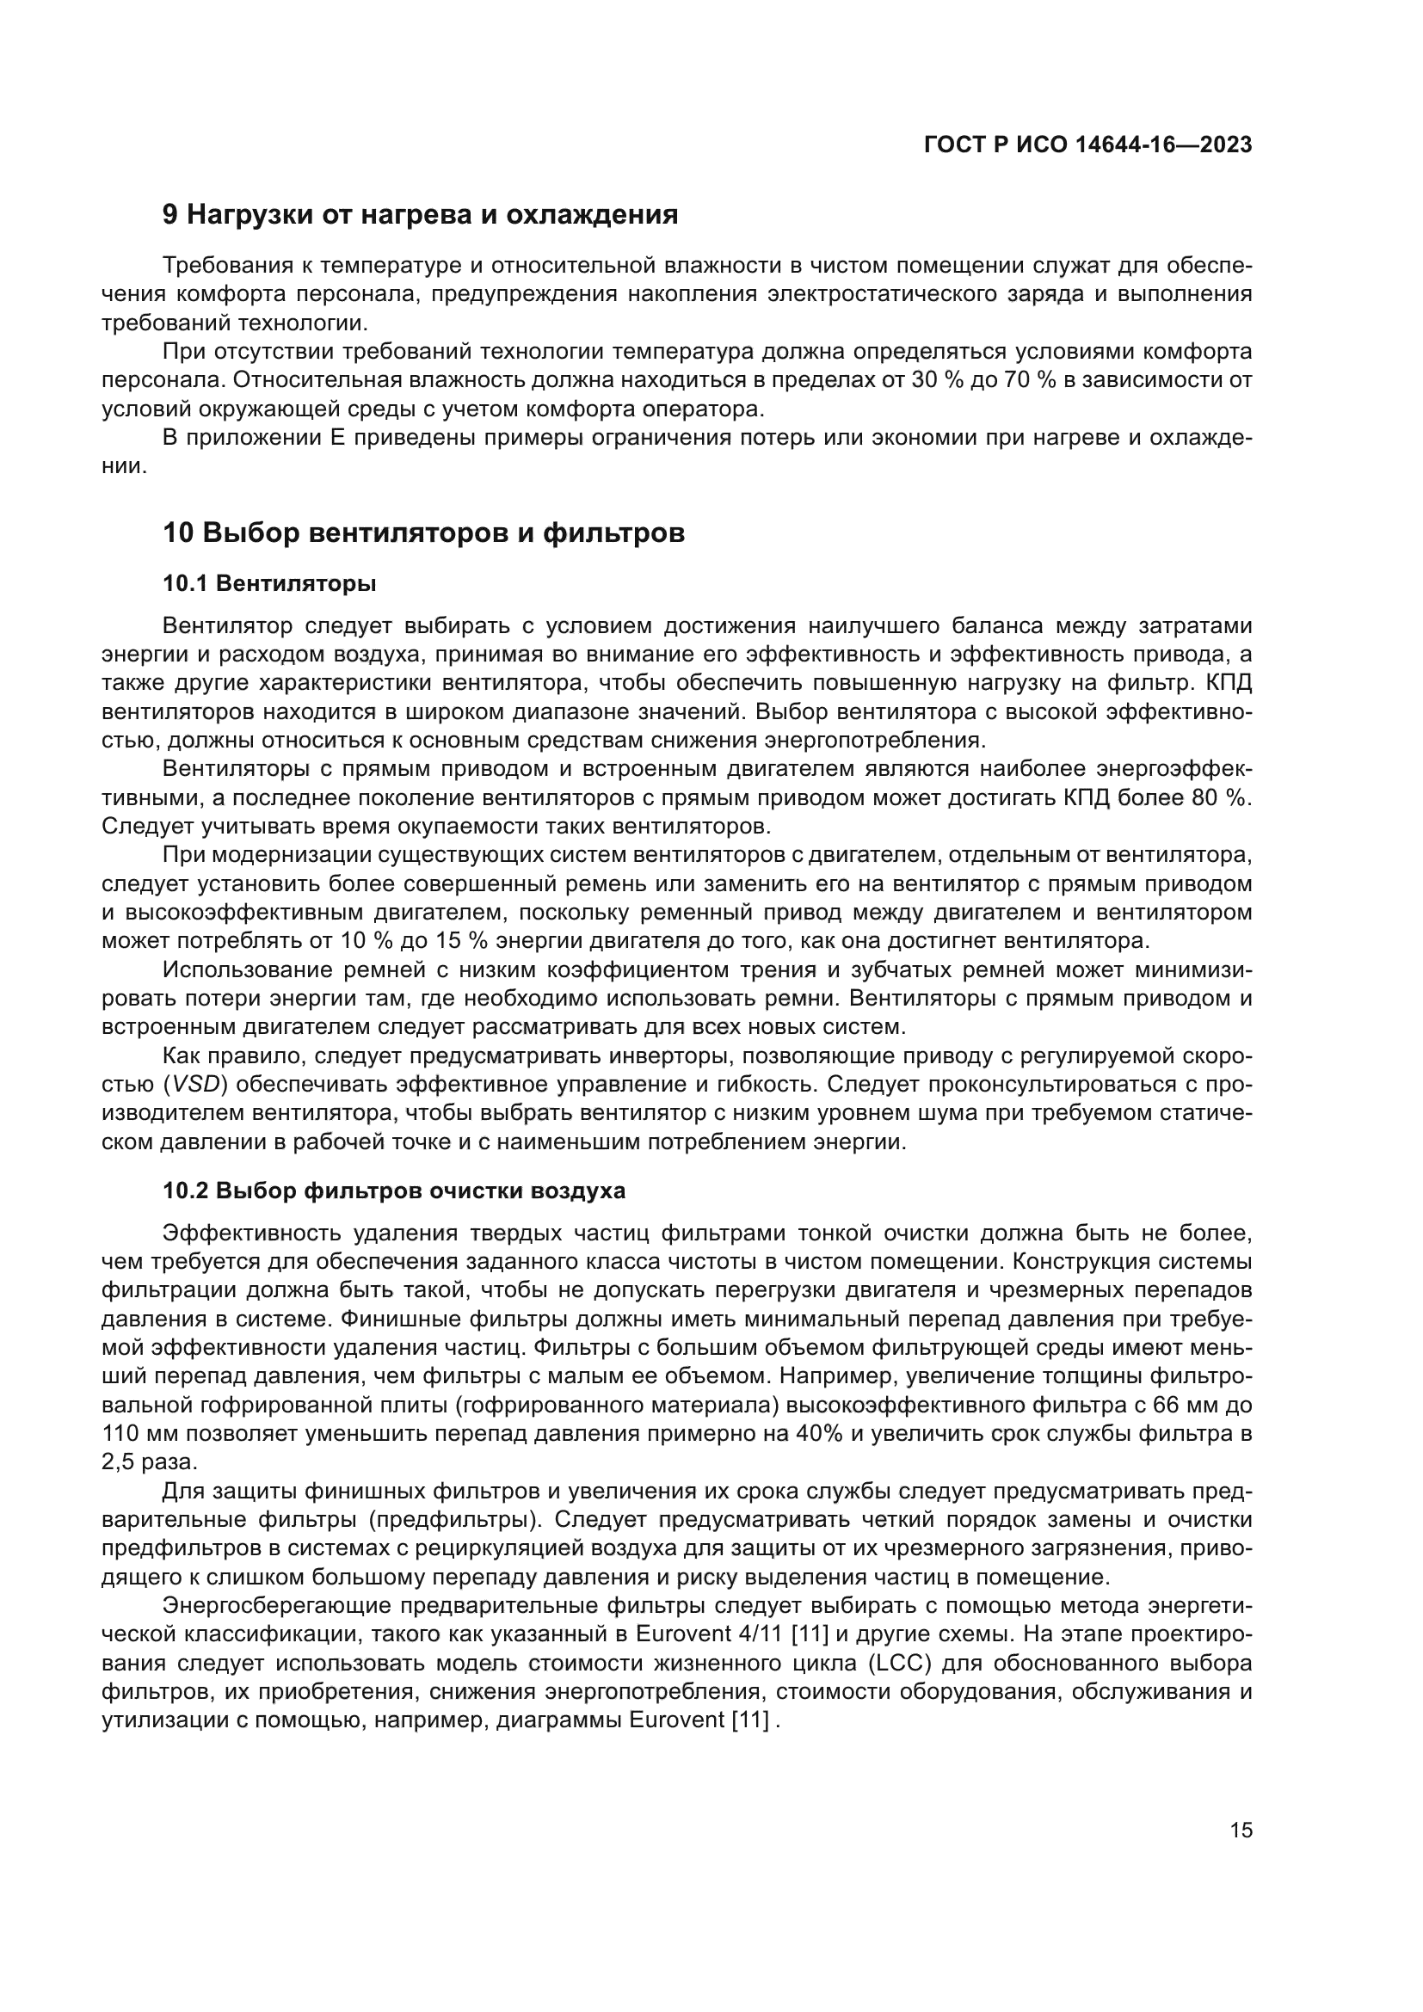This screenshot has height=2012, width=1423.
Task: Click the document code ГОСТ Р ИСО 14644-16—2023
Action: (1087, 145)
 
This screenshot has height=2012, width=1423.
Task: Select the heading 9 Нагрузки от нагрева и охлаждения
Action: (421, 215)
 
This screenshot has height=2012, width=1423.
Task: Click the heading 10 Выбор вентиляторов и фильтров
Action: (424, 532)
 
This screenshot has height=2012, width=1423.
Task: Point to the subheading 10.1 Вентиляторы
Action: (270, 582)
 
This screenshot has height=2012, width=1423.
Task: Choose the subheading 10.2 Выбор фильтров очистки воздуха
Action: (394, 1191)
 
